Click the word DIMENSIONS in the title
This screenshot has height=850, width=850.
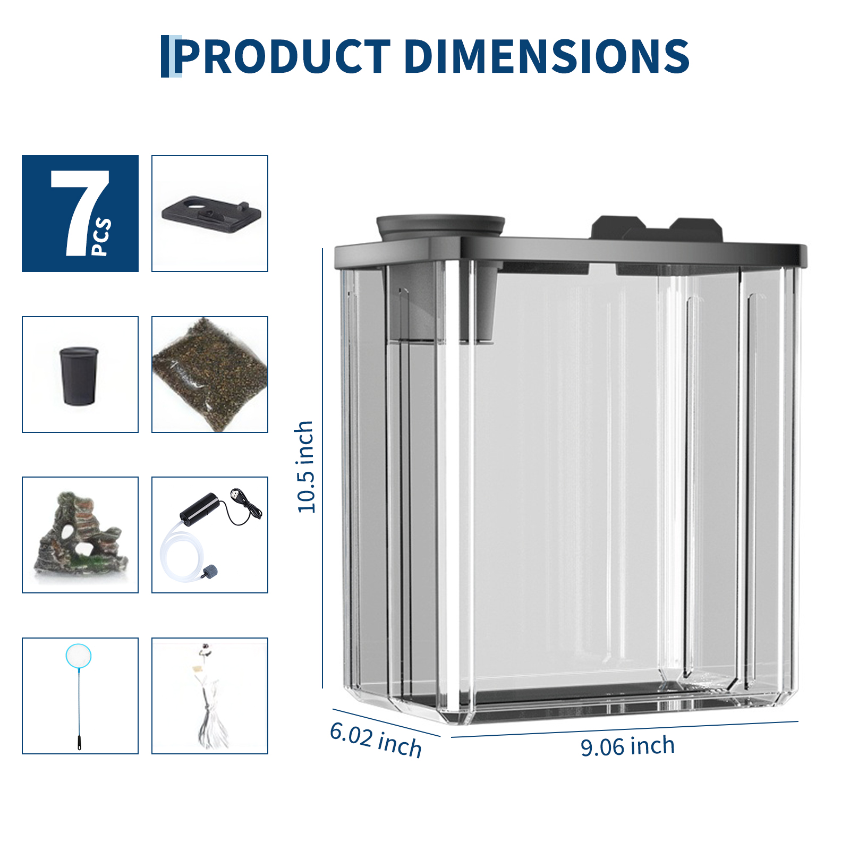tap(547, 56)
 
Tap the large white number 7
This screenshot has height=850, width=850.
tap(78, 212)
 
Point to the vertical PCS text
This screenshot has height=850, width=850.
tap(101, 236)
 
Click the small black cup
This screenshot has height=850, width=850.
tap(79, 376)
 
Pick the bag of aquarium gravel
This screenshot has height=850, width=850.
tap(210, 374)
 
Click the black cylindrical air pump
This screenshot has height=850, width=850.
tap(199, 509)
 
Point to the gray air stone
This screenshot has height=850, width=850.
tap(209, 572)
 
